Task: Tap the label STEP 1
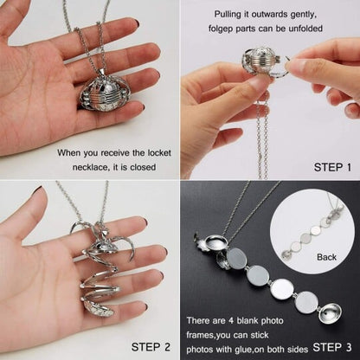(332, 167)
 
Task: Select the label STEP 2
(151, 347)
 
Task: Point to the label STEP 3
(332, 347)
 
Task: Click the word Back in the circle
(326, 257)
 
